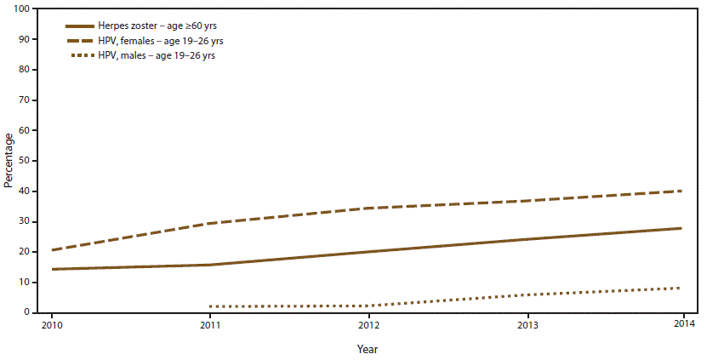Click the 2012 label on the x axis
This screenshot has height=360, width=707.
tap(368, 325)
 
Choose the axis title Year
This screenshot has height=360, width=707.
tap(368, 349)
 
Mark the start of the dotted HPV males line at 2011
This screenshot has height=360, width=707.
tap(209, 306)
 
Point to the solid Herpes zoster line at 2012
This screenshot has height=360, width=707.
tap(368, 252)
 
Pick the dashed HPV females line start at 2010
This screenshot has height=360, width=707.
tap(53, 250)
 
